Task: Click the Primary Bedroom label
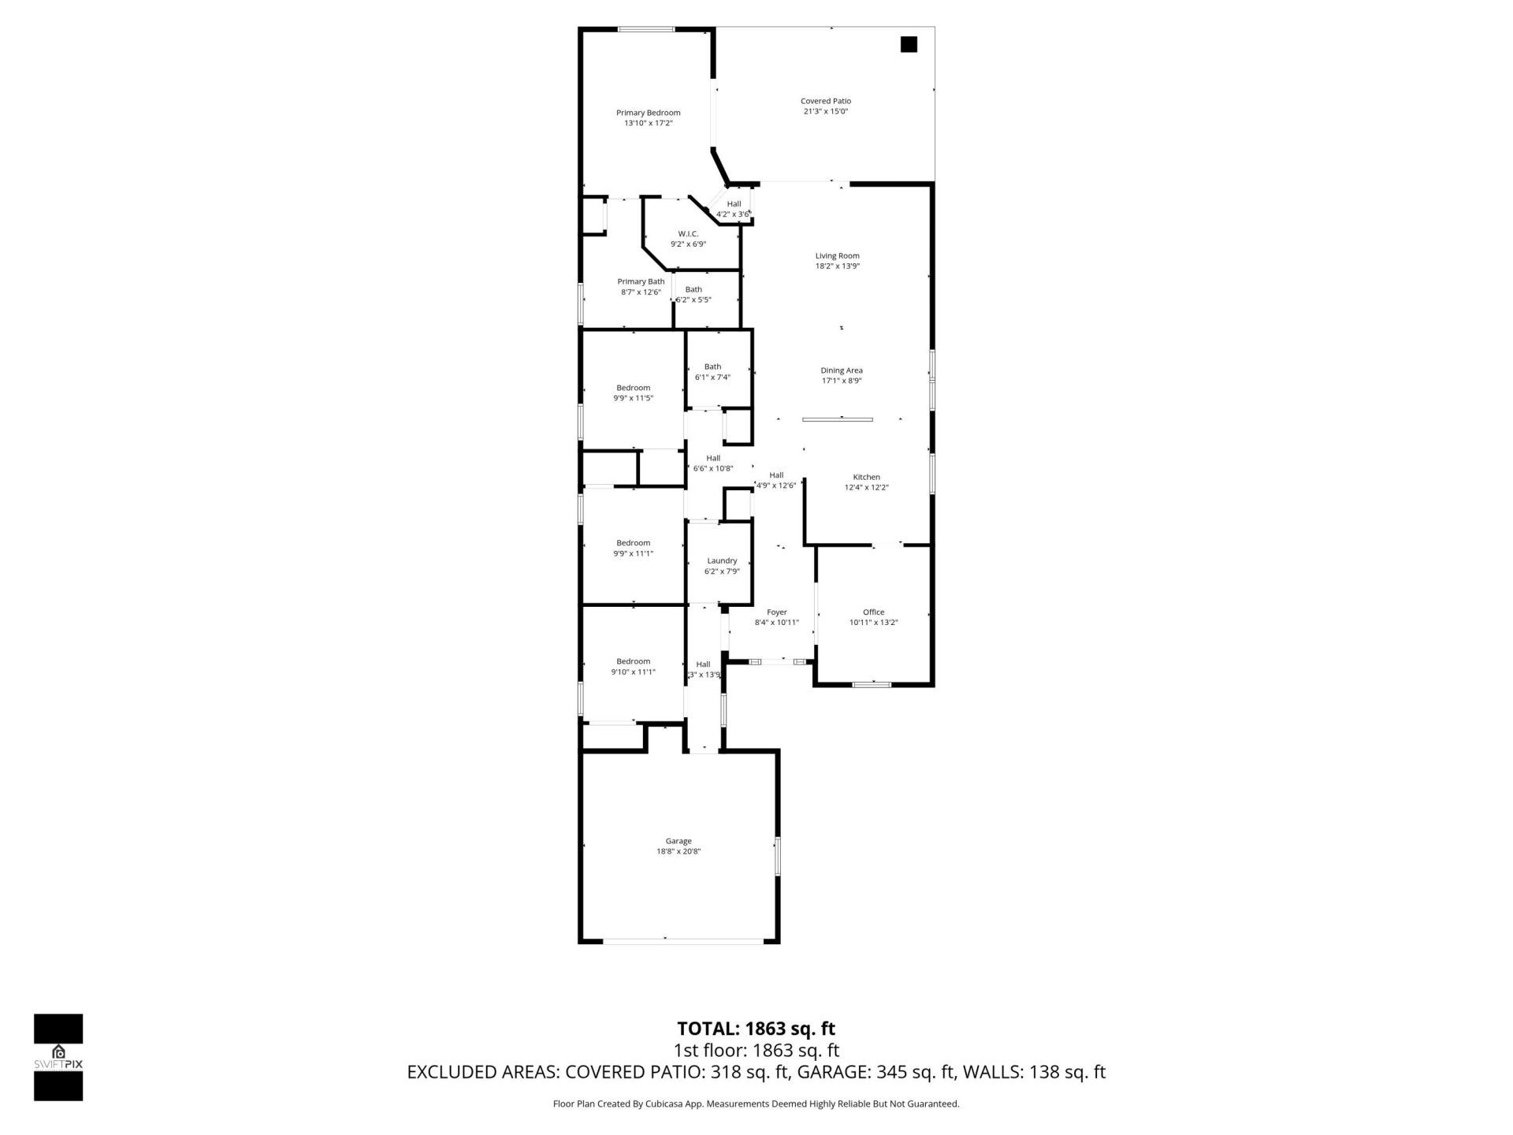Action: [648, 113]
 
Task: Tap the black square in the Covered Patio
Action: [909, 45]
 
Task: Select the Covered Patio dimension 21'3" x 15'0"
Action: [825, 112]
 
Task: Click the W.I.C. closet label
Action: [688, 234]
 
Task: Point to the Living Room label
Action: [837, 255]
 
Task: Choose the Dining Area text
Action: [841, 370]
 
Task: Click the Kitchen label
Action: [866, 477]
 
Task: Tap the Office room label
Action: [873, 612]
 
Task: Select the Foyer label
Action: [776, 612]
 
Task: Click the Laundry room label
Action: [721, 560]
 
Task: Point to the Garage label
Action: [678, 841]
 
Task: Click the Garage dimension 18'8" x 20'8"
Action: [678, 851]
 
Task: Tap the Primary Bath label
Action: [640, 281]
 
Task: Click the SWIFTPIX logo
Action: [58, 1057]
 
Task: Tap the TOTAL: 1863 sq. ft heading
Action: [756, 1029]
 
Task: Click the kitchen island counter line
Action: [837, 420]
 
